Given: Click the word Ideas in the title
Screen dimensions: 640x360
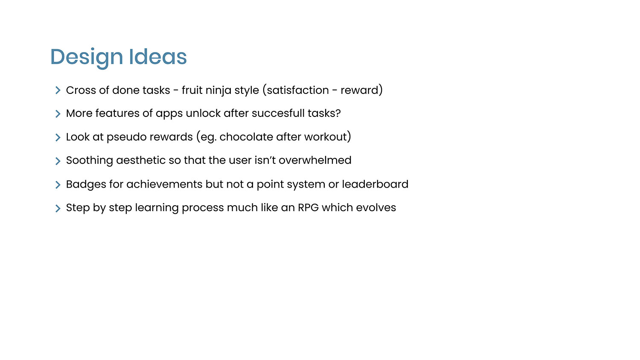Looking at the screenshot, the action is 158,57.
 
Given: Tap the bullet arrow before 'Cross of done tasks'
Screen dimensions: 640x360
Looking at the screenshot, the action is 58,90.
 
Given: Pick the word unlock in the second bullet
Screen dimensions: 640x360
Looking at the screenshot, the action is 203,113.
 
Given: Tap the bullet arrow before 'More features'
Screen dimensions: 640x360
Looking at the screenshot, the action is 58,114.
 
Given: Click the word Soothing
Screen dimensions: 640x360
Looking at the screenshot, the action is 90,161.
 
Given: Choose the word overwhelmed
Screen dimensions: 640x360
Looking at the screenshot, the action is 315,160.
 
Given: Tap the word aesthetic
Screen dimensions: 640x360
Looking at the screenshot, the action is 141,160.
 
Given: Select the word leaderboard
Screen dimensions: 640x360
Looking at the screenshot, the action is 375,184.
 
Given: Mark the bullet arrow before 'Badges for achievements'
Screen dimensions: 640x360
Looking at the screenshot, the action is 58,185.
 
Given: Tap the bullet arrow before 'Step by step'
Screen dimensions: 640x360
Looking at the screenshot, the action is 58,209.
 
